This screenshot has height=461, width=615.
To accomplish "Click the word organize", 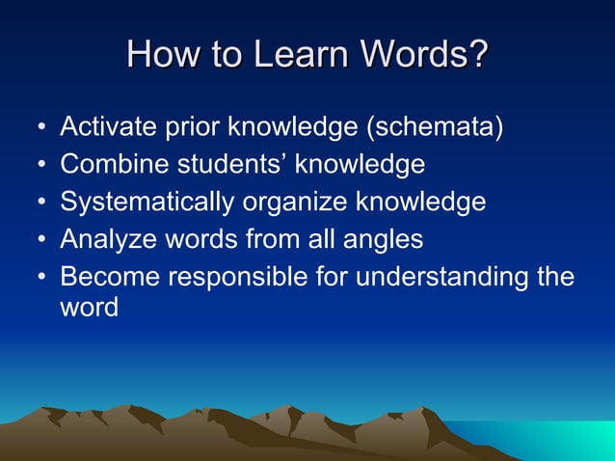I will (x=295, y=202).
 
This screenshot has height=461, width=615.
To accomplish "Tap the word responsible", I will (x=239, y=276).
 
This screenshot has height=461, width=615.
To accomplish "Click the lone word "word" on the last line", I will (x=89, y=309).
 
